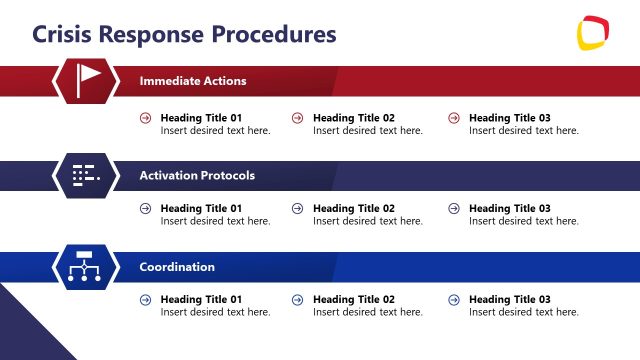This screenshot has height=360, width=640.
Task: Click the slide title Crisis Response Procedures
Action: pos(184,34)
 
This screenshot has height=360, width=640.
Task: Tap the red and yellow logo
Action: pos(594,33)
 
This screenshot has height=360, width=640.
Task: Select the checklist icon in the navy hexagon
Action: pos(86,175)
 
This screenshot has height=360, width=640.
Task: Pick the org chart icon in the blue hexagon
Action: pos(86,267)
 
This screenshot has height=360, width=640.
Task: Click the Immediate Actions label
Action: pos(192,81)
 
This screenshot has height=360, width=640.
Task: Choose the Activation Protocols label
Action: pos(197,175)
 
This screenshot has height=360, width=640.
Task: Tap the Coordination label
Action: pos(177,267)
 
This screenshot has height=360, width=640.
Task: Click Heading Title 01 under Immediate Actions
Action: pos(201,118)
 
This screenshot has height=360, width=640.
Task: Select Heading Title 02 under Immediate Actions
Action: pos(353,118)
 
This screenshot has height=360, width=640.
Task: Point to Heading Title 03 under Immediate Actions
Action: pos(509,118)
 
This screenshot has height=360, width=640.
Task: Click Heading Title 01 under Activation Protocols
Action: pos(201,209)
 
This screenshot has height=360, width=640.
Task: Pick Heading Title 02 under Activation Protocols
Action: pos(353,209)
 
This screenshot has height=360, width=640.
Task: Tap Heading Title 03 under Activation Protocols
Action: pos(509,209)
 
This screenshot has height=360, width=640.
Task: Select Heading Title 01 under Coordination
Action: pos(201,300)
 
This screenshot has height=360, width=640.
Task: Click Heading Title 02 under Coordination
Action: pos(353,300)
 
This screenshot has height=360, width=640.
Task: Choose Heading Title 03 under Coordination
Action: pos(509,300)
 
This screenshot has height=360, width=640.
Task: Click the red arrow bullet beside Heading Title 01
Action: pos(146,118)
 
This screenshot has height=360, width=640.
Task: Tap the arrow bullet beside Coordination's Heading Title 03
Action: pos(454,300)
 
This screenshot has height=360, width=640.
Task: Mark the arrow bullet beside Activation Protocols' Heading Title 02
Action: pos(297,209)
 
